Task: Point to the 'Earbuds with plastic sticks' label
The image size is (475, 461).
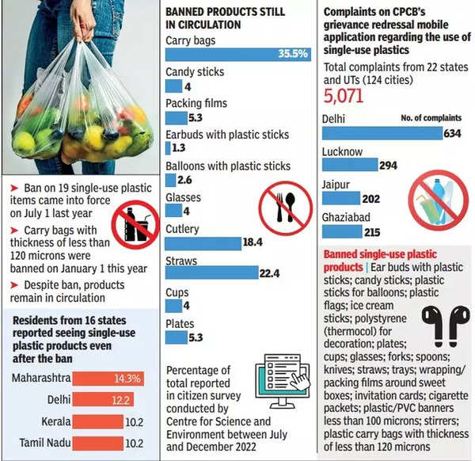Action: click(227, 135)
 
